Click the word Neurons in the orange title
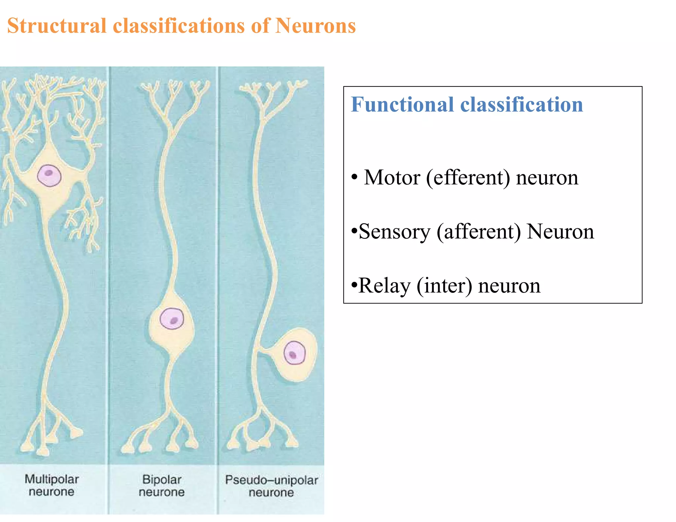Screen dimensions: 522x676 tap(315, 26)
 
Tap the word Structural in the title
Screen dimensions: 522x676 tap(57, 26)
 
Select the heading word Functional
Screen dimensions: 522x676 tap(402, 105)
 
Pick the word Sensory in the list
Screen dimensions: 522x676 tap(394, 232)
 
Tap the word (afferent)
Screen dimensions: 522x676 tap(479, 232)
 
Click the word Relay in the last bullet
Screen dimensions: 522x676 tap(384, 286)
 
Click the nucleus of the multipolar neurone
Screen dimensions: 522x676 tap(49, 175)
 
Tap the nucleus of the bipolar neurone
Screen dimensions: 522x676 tap(172, 318)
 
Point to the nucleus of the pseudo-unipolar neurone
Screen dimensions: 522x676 tap(294, 353)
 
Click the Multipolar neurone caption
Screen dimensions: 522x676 tap(52, 485)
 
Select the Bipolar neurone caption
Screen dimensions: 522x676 tap(162, 486)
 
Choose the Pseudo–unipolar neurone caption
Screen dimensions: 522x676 tap(271, 486)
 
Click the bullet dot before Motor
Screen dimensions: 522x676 tap(355, 177)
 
